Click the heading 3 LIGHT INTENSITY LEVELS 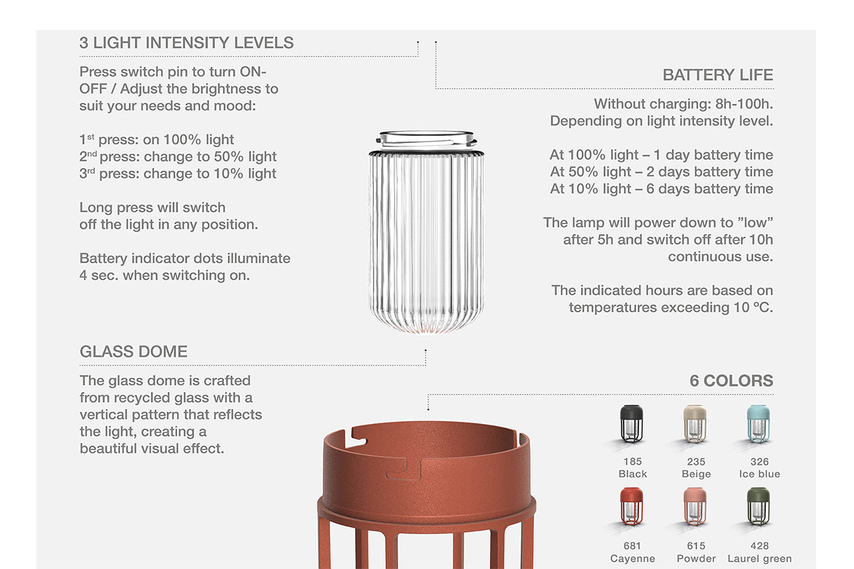[186, 43]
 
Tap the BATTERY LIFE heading [718, 75]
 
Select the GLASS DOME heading [134, 351]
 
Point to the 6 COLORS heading [732, 381]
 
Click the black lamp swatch [632, 423]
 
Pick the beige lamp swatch [695, 423]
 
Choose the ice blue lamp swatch [759, 423]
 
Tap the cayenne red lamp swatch [632, 506]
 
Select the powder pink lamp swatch [695, 506]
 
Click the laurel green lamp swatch [759, 506]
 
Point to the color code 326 [759, 462]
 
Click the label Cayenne [633, 559]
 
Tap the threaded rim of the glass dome [426, 140]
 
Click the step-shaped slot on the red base [405, 469]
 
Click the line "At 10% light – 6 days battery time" [661, 188]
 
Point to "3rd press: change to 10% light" [178, 174]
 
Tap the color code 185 [633, 462]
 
